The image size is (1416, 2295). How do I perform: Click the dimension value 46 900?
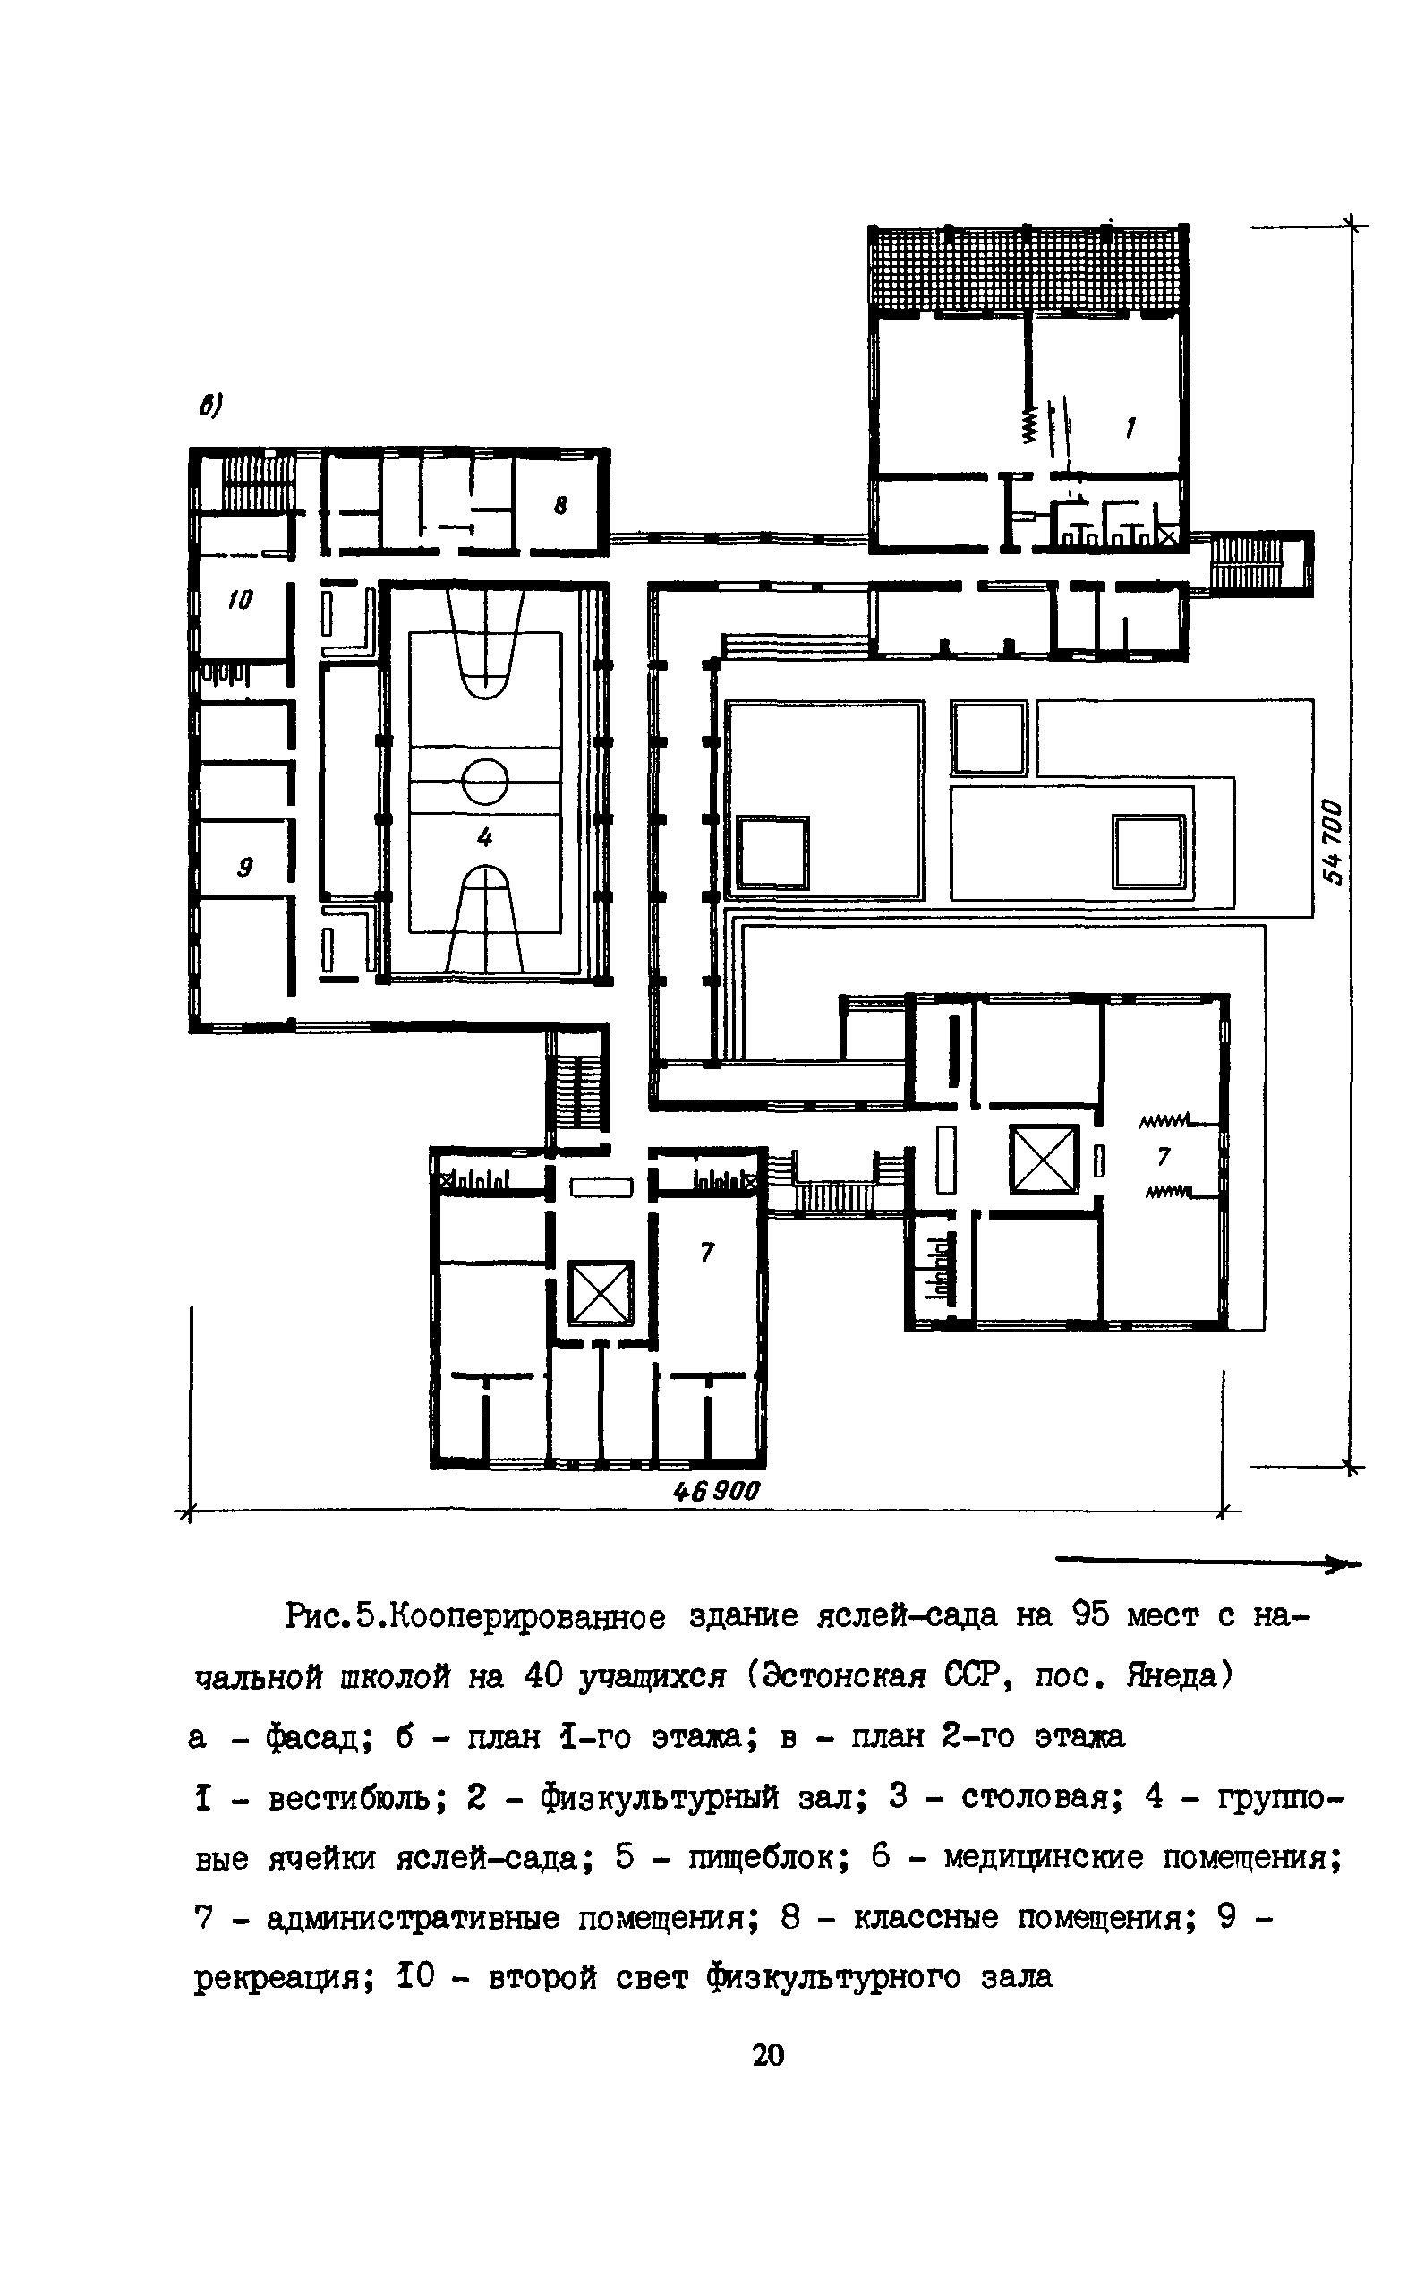717,1490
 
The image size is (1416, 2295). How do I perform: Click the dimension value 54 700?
1334,842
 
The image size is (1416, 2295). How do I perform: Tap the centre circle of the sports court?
485,781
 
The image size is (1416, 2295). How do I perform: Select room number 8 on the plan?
560,506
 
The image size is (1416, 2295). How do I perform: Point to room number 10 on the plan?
240,601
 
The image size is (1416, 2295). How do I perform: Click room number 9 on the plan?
244,868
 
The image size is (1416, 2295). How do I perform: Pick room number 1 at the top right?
1130,429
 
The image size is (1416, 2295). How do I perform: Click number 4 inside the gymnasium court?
484,836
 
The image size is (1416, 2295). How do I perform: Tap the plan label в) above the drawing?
209,406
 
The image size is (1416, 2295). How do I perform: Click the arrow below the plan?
1208,1561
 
